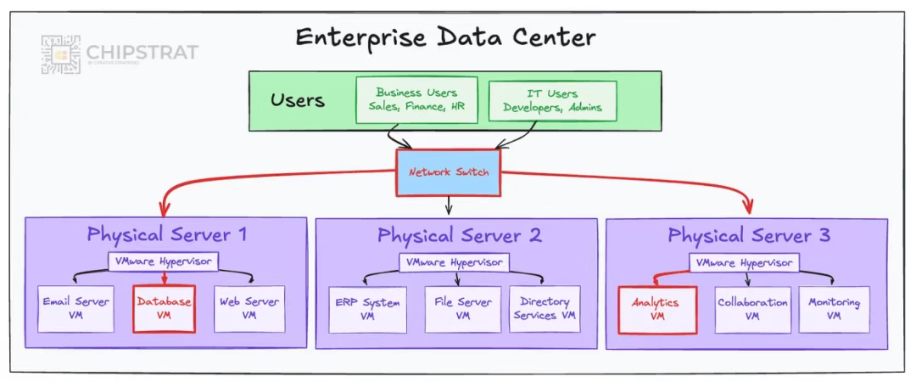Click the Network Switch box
click(x=449, y=172)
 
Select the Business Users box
click(x=416, y=100)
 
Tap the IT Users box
click(x=552, y=100)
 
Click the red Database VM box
click(x=164, y=307)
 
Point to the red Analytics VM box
click(x=657, y=309)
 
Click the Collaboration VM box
click(x=752, y=309)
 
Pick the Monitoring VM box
click(x=834, y=309)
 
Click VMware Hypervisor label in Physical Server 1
click(x=164, y=262)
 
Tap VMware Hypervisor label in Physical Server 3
click(x=746, y=263)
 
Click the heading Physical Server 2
click(x=459, y=235)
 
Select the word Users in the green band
click(x=298, y=100)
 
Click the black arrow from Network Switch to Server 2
click(x=450, y=205)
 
